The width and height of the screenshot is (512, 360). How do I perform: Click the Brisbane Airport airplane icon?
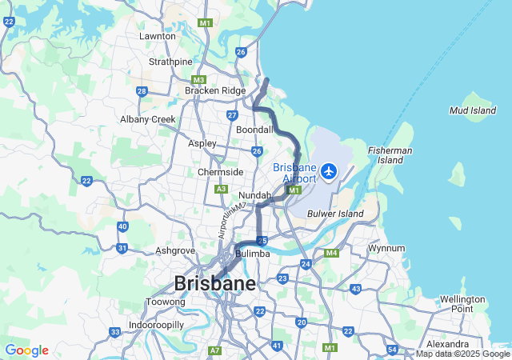[x=328, y=171]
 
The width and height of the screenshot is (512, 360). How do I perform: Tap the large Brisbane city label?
[x=215, y=283]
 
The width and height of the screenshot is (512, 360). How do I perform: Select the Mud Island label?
[x=473, y=110]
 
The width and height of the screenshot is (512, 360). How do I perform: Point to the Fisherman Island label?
[x=390, y=155]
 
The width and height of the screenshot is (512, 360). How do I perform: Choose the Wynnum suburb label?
[x=386, y=248]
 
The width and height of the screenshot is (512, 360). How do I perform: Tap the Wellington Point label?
[x=462, y=304]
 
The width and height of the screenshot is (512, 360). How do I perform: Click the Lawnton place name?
[x=157, y=36]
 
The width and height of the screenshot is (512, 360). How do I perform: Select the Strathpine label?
[x=170, y=62]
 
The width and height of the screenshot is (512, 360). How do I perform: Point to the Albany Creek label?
[x=147, y=119]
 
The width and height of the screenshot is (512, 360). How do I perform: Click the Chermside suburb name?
[x=220, y=172]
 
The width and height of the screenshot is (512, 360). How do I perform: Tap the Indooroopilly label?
[x=157, y=325]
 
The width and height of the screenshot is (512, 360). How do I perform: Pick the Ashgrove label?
[x=175, y=250]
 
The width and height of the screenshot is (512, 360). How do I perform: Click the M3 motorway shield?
[x=199, y=79]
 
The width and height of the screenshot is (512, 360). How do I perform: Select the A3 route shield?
[x=222, y=189]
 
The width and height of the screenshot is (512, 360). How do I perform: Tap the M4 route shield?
[x=332, y=254]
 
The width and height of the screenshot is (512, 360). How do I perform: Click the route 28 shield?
[x=142, y=91]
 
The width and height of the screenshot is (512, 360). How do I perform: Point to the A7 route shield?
[x=214, y=350]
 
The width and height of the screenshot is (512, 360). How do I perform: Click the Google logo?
[x=26, y=350]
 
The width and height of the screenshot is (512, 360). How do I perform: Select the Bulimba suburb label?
[x=254, y=254]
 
